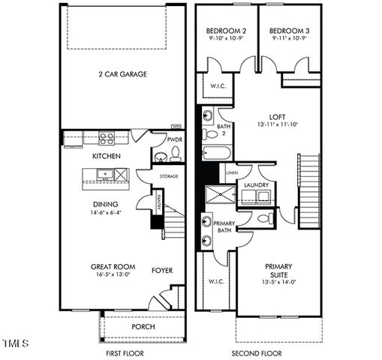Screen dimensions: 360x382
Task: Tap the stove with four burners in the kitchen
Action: tap(107, 138)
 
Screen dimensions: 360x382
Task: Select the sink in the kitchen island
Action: tap(106, 175)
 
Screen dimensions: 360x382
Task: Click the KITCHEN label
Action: tap(107, 156)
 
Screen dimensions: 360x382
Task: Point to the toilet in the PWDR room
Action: tap(175, 154)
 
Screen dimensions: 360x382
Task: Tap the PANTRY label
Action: tap(159, 202)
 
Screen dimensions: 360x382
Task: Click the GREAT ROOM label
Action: tap(113, 266)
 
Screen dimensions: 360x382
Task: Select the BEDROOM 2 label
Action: tap(226, 31)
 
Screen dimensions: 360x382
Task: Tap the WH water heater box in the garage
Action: tap(177, 127)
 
